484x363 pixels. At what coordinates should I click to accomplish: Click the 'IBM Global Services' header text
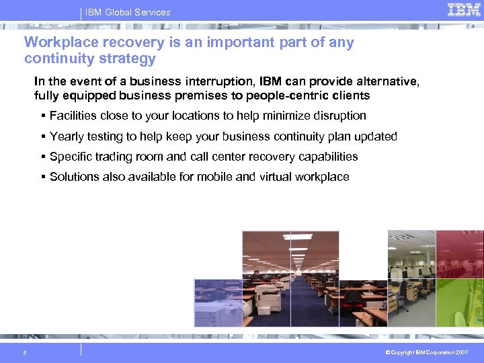click(128, 12)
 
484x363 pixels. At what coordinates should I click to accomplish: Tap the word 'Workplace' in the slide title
click(57, 42)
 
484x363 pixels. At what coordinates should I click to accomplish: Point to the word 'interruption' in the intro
click(218, 82)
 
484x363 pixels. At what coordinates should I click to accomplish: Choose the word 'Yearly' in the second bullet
click(67, 136)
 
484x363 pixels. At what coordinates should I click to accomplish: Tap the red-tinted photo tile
click(460, 254)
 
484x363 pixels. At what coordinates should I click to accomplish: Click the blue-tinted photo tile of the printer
click(218, 302)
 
